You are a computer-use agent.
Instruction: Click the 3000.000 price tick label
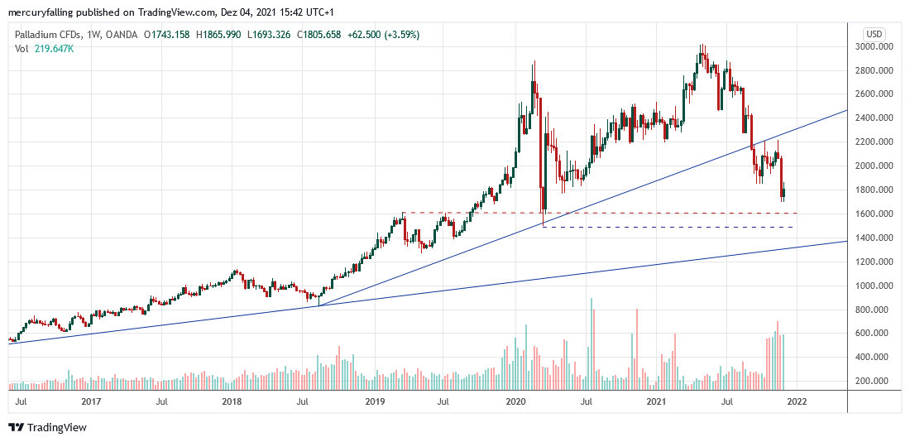[879, 46]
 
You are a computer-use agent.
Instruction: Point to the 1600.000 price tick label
[879, 214]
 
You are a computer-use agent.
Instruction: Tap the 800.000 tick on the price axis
[879, 310]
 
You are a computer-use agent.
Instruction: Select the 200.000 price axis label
[879, 381]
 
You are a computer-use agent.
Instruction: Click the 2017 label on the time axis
[91, 402]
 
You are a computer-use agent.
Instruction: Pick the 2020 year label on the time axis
[515, 402]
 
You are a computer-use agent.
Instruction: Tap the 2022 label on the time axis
[797, 402]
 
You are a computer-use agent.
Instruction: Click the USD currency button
[874, 33]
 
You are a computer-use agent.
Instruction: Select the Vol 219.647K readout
[43, 49]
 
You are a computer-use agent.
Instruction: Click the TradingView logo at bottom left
[47, 427]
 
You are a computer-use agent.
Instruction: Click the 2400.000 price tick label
[879, 118]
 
